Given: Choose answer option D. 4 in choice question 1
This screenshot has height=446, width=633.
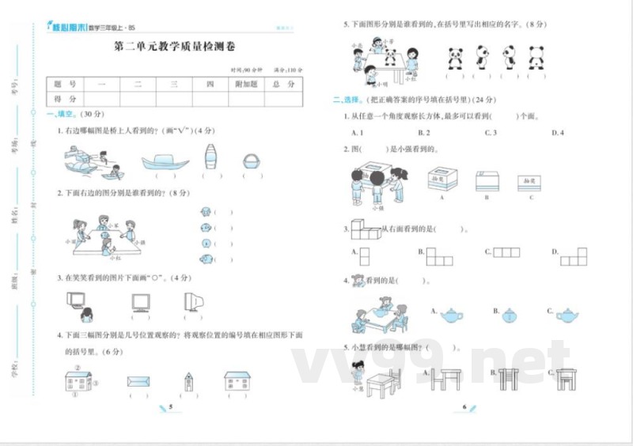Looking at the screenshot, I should click(x=557, y=133).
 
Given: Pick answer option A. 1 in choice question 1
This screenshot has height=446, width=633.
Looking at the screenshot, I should click(x=357, y=133).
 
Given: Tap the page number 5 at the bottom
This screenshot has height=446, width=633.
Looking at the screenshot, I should click(x=170, y=406).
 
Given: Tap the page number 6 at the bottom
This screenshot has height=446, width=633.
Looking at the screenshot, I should click(x=464, y=406).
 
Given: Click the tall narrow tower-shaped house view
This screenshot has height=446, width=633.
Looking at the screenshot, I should click(x=188, y=383).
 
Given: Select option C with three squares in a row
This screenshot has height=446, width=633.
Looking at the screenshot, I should click(x=506, y=252).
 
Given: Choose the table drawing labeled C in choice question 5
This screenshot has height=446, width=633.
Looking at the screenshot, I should click(x=565, y=378).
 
